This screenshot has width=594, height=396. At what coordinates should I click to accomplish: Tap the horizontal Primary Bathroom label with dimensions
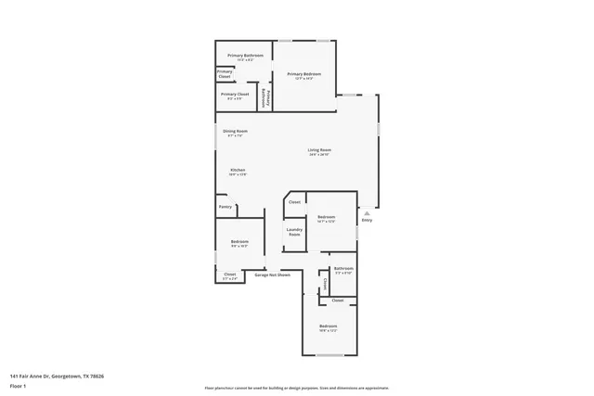246,57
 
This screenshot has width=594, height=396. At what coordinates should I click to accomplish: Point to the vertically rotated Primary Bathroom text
264,96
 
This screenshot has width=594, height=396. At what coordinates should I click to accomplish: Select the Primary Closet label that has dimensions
235,95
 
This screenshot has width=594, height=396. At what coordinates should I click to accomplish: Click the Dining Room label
235,133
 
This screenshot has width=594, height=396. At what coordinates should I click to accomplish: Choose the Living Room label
320,151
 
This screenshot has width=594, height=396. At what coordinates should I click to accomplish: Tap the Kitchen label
238,172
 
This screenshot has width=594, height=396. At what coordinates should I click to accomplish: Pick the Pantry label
225,207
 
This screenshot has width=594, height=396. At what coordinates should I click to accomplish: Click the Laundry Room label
294,232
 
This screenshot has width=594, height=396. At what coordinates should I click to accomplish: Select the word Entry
367,220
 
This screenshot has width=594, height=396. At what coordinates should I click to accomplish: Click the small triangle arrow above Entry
367,211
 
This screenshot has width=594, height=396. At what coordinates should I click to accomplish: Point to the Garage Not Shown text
273,275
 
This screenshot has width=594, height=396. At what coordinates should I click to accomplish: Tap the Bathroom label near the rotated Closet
343,270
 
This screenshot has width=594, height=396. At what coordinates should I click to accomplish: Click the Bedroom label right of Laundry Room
326,219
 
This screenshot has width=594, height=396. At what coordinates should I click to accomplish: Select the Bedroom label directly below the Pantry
239,244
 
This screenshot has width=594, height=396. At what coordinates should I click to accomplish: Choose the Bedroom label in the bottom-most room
329,327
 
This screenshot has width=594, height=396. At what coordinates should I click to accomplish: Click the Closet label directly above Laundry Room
294,201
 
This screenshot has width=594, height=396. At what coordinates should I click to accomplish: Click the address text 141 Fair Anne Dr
57,376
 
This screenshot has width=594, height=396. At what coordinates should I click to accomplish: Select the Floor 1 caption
18,386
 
